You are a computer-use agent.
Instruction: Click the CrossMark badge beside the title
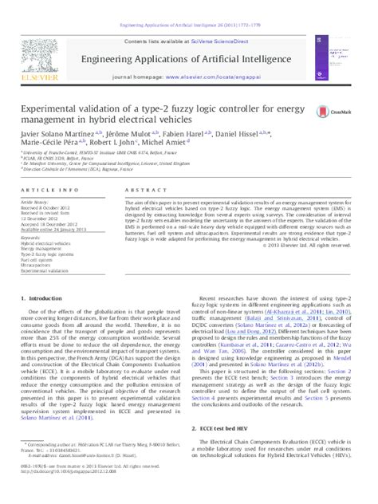coord(328,114)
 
